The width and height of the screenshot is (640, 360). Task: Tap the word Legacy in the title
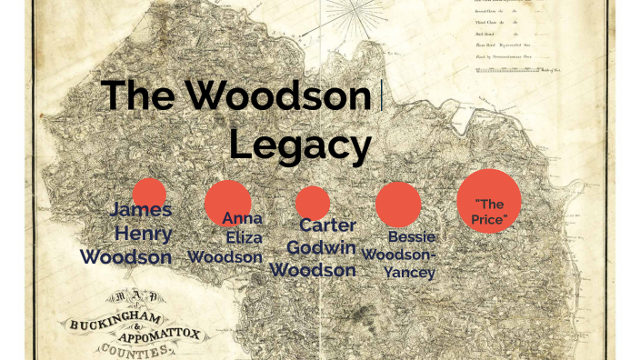(x=300, y=145)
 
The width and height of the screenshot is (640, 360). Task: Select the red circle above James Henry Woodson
(x=149, y=195)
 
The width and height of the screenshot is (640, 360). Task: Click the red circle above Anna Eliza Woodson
(x=227, y=201)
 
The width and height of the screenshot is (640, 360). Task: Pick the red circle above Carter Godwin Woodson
(x=312, y=202)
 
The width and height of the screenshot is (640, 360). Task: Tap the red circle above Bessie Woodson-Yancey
(x=398, y=204)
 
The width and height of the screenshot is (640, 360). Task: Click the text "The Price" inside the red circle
(x=488, y=212)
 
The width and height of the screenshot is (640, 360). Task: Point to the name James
(x=141, y=211)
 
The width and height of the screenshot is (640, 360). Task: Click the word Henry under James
(x=144, y=234)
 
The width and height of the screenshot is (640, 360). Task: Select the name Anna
(x=242, y=218)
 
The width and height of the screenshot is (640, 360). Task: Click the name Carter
(x=327, y=225)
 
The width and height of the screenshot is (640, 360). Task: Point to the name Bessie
(x=412, y=237)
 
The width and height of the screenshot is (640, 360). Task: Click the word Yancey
(x=409, y=272)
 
